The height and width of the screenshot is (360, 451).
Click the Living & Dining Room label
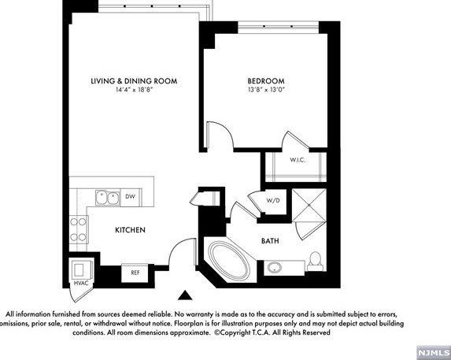coord(134,81)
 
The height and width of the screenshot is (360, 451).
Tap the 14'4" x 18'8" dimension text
coord(134,90)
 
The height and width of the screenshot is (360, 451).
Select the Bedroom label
coord(266,81)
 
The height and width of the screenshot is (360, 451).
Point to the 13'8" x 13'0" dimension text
coord(266,90)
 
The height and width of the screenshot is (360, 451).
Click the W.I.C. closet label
coord(298,160)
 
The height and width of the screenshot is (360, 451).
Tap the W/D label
coord(273,201)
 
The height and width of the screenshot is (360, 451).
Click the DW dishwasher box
coord(131,197)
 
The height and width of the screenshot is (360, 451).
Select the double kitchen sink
coord(108,198)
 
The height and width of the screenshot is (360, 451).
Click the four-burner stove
coord(78,229)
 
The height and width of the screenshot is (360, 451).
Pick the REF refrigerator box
coord(135,273)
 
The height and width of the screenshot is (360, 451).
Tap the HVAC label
coord(81,283)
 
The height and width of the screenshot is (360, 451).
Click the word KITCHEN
coord(131,230)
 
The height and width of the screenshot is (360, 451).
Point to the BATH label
coord(270,241)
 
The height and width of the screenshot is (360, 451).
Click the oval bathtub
coord(229,260)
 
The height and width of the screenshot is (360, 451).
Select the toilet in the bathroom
coord(316,261)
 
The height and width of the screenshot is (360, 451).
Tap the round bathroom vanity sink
coord(275,268)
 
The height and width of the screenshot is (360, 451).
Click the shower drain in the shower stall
coord(309,205)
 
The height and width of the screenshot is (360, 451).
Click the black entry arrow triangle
coord(185,295)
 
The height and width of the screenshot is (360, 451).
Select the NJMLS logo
coord(434,353)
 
